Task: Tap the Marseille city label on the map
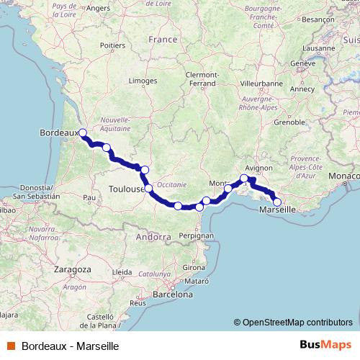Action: (x=276, y=210)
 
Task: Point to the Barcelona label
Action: (x=172, y=294)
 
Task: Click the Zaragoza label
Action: (x=71, y=269)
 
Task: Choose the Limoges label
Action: (x=142, y=81)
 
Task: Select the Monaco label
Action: (x=341, y=176)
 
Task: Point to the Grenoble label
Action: (x=289, y=122)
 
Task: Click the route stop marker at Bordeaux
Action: (x=83, y=132)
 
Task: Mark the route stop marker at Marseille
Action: (x=277, y=202)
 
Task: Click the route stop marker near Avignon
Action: (x=244, y=178)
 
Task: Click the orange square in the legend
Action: (x=10, y=345)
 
